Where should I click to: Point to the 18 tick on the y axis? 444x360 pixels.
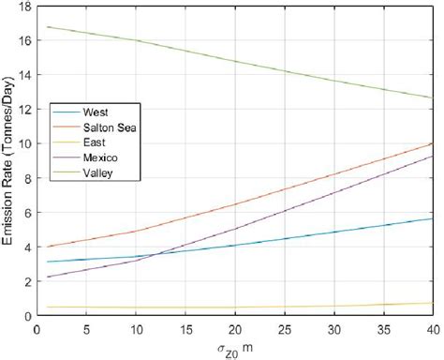point(22,7)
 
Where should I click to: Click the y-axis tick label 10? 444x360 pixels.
point(22,144)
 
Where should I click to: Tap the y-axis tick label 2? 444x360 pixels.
point(24,281)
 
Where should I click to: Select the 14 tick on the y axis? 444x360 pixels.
point(22,75)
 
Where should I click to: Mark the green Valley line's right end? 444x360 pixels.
point(432,97)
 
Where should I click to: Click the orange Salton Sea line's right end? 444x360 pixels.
point(432,143)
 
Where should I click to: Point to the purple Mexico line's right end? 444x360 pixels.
point(432,156)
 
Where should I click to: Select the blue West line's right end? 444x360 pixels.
point(432,218)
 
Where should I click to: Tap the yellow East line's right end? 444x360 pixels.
point(432,303)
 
